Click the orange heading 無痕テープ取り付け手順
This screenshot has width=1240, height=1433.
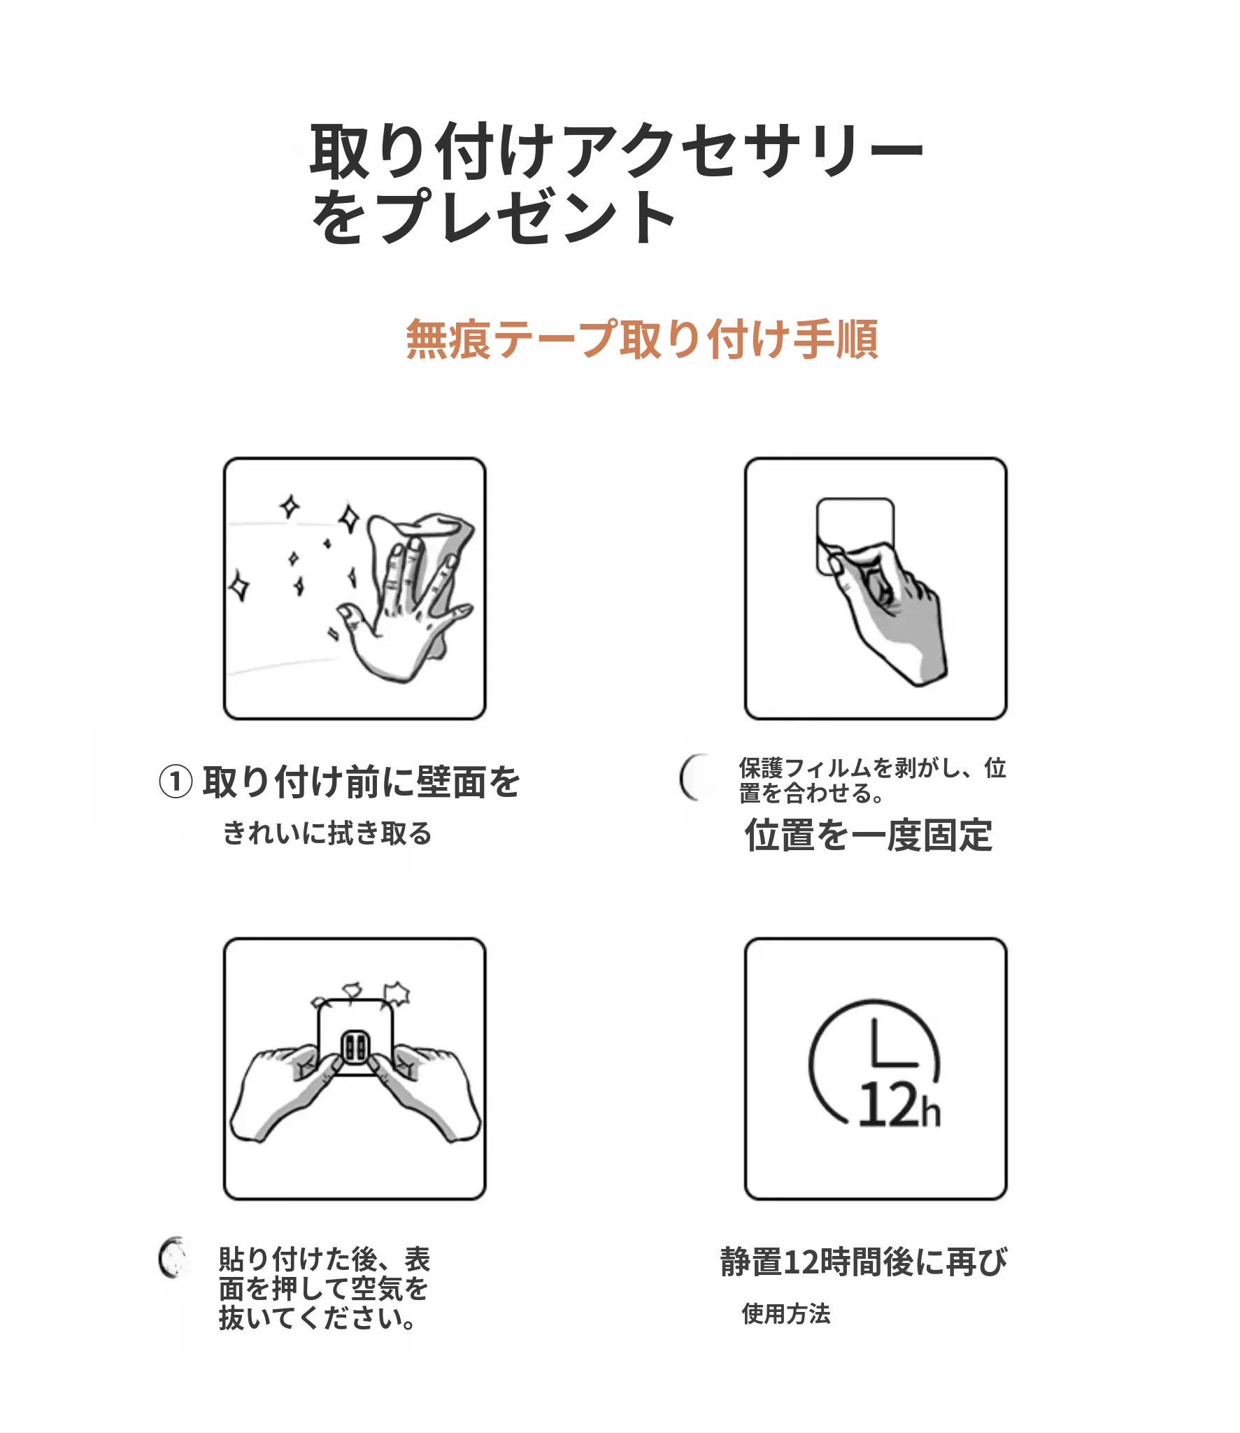point(641,339)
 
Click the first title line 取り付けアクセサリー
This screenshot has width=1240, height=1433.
point(617,150)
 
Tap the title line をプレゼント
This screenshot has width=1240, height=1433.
point(493,216)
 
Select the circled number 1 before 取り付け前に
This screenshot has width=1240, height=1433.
point(176,782)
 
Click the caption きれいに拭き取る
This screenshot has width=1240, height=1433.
point(327,833)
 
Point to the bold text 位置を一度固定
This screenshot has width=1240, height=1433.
point(869,835)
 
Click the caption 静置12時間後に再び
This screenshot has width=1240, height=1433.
point(864,1262)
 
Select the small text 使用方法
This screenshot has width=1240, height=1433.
point(786,1314)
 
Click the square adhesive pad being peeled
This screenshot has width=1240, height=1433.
point(855,535)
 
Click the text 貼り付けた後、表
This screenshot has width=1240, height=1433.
point(325,1259)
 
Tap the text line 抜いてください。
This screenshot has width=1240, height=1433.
point(318,1318)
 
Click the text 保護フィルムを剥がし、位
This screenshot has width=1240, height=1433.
point(873,768)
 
